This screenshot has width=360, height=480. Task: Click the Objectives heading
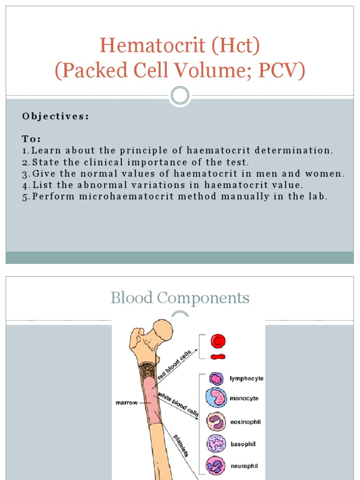coord(55,116)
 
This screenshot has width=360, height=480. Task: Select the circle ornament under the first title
coord(180,96)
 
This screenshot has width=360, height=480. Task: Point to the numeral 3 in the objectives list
coord(25,174)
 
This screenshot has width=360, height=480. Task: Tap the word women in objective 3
coord(329,174)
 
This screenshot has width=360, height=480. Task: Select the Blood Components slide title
coord(180,298)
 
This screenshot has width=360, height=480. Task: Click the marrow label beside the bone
coord(127,403)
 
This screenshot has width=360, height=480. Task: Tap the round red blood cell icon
coord(217,341)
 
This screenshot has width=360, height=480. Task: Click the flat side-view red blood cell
coord(217,357)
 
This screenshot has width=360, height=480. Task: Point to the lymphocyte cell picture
coord(216,378)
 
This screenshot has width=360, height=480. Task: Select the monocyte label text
coord(244,398)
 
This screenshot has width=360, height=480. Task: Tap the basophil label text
coord(243,443)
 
